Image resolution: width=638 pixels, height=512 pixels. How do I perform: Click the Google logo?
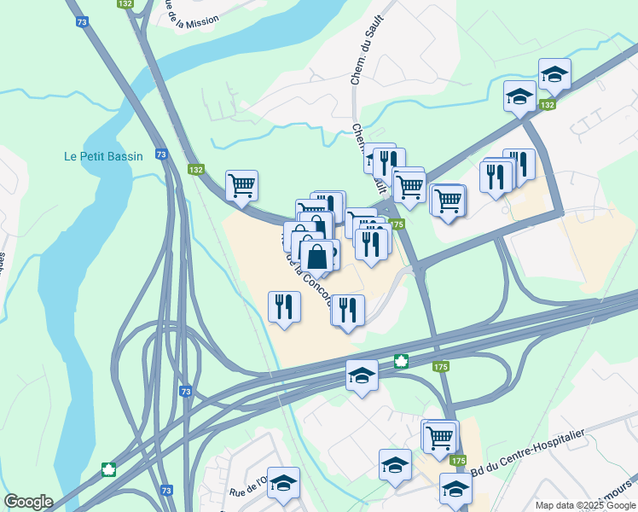point(28,502)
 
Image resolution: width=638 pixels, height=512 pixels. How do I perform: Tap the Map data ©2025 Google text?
point(585,505)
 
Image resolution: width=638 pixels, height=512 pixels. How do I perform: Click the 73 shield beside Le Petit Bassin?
point(161,154)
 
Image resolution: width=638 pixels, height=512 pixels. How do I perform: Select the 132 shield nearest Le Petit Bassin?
point(196,170)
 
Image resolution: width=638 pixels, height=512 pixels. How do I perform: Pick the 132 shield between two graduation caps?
point(548,104)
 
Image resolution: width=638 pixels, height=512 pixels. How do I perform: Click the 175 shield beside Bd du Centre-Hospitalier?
point(459,461)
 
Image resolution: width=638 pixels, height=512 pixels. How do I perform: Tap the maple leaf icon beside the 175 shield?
point(400,361)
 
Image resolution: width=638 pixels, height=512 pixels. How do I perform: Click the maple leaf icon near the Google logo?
point(109,468)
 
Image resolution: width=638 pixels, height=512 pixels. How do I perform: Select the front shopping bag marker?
point(316,256)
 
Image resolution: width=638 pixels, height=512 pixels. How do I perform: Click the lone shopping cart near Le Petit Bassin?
point(242,184)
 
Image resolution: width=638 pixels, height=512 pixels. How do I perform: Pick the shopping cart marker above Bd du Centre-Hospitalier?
point(440,437)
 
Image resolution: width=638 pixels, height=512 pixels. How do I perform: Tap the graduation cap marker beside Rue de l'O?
point(283,481)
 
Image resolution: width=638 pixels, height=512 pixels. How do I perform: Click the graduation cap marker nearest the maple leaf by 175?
point(362,375)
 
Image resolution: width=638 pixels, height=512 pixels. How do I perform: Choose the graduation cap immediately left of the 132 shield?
point(519,96)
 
